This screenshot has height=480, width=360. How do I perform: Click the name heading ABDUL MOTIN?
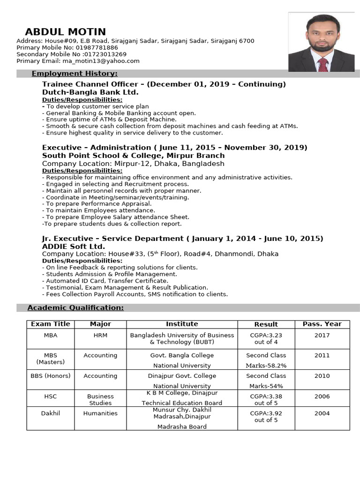[x=65, y=32]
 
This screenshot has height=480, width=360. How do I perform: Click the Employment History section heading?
[x=75, y=74]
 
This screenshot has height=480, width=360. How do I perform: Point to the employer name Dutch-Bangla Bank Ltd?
[x=90, y=92]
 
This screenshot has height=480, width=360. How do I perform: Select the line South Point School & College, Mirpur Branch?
[x=133, y=156]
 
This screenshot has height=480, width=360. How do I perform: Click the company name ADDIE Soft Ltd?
[x=74, y=247]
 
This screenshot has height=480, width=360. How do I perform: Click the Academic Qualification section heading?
[x=75, y=307]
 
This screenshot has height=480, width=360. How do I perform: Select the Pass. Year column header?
[x=322, y=324]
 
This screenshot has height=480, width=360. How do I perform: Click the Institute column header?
[x=182, y=324]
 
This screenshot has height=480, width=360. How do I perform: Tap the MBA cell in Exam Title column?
[x=50, y=335]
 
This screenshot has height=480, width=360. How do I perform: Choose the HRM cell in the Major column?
[x=100, y=335]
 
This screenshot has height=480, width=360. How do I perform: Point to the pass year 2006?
[x=322, y=396]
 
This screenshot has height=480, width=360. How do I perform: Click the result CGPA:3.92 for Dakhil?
[x=266, y=413]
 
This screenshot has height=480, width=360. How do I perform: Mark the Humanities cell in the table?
[x=100, y=413]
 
